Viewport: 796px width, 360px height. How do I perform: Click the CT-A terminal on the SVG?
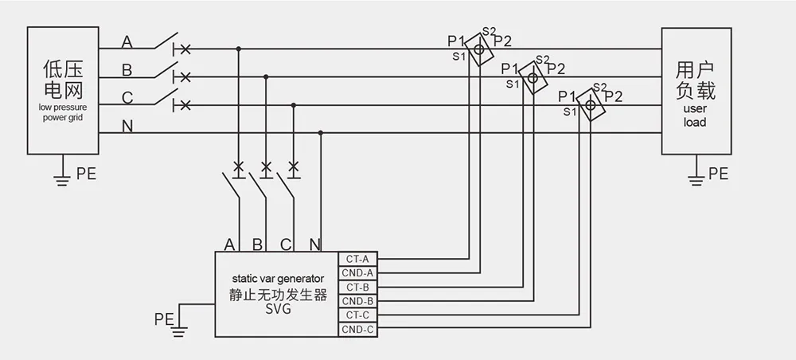point(357,258)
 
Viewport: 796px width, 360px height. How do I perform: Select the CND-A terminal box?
point(357,272)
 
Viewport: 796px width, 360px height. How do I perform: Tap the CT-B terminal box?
point(357,287)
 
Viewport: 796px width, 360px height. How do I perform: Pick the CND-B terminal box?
point(357,301)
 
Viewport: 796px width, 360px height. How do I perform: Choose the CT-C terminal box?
point(357,315)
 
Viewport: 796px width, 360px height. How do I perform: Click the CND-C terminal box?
point(357,329)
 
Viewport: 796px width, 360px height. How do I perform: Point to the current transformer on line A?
point(479,49)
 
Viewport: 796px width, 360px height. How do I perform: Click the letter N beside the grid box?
point(127,127)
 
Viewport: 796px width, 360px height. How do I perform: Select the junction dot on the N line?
point(320,133)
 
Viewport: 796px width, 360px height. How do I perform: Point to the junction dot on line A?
point(238,49)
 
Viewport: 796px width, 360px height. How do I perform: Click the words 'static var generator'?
point(278,279)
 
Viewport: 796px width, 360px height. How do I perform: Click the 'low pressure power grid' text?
point(63,112)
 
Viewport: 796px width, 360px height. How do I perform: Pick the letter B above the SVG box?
point(257,244)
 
